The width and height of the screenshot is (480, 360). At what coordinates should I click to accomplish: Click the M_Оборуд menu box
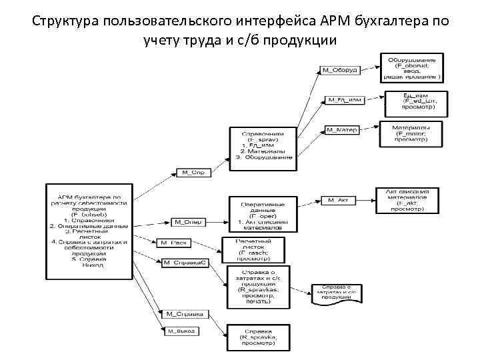click(x=340, y=69)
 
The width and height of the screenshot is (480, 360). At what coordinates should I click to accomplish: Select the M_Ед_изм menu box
click(x=344, y=100)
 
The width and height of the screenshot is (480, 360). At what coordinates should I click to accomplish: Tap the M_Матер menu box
click(x=342, y=129)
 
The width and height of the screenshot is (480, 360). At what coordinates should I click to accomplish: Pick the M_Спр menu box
click(x=193, y=172)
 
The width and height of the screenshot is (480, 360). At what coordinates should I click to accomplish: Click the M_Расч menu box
click(x=175, y=242)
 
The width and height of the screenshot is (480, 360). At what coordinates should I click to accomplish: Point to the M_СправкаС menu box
click(x=185, y=263)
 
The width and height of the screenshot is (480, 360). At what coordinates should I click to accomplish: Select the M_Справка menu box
click(x=185, y=313)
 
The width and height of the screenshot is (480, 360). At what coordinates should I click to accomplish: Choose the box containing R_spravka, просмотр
click(x=258, y=337)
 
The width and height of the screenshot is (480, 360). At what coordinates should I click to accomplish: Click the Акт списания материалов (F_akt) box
click(x=411, y=200)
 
